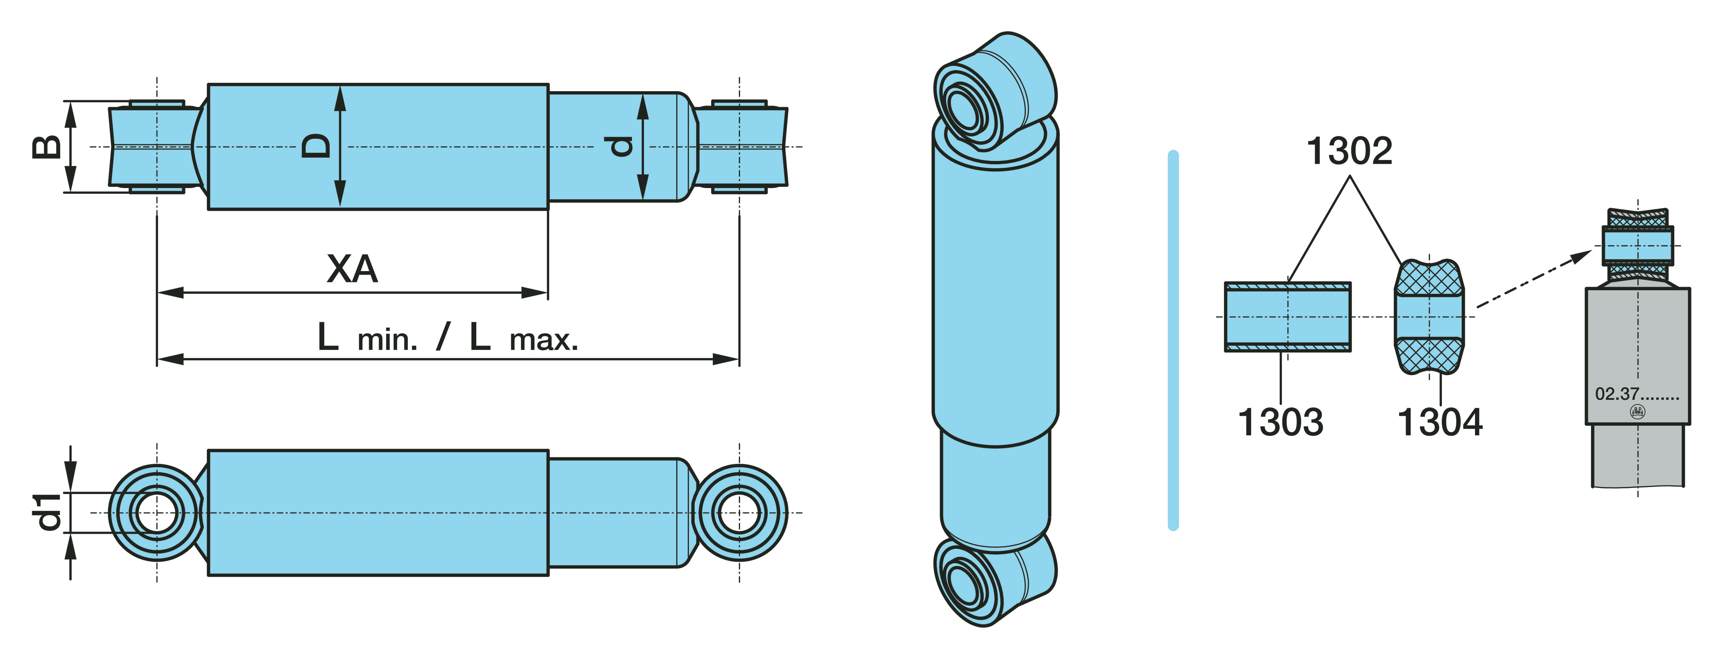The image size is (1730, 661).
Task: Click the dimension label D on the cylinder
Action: tap(315, 146)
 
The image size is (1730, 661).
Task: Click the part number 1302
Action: tap(1349, 151)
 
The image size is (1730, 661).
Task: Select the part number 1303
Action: tap(1280, 422)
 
